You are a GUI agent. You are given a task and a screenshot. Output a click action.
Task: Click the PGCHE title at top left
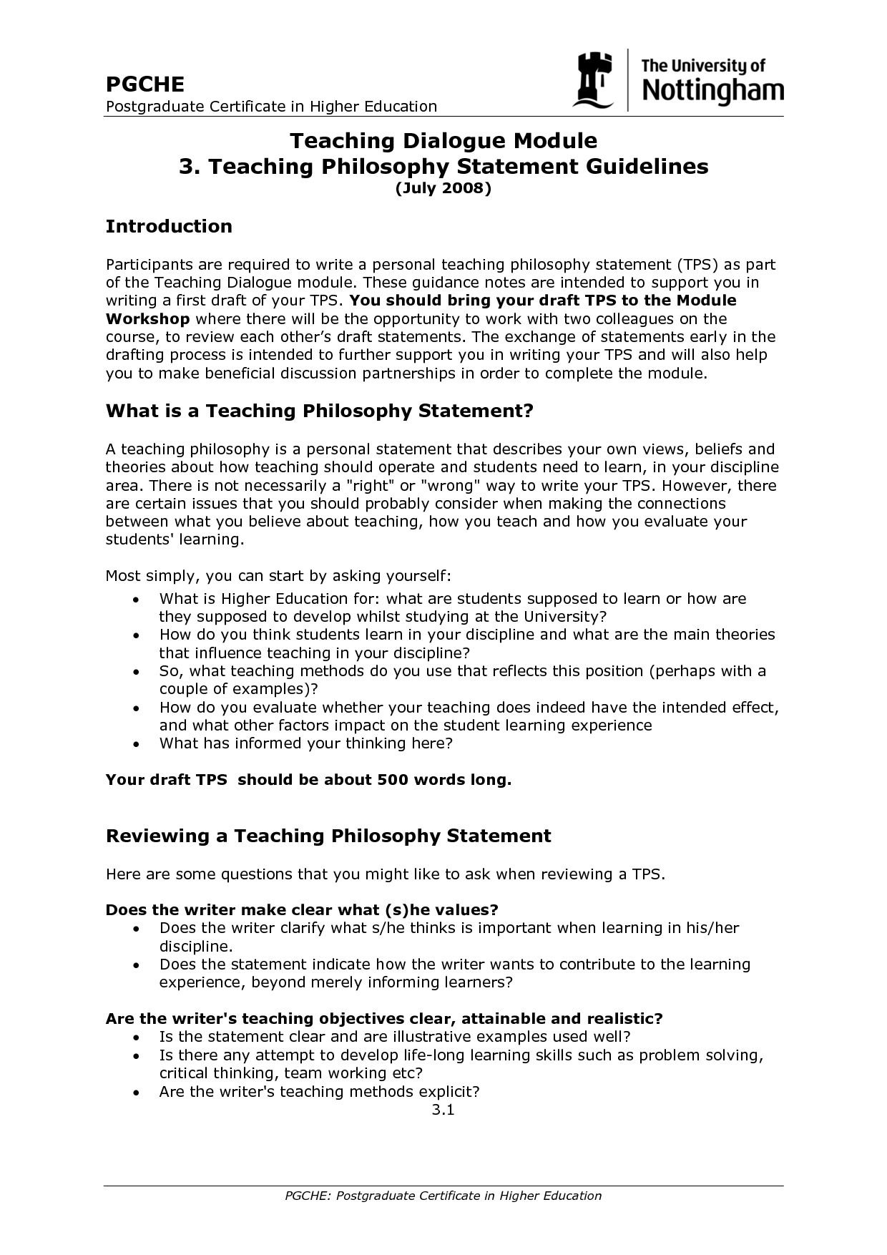pyautogui.click(x=145, y=84)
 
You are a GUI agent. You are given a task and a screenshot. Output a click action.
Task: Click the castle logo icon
pyautogui.click(x=593, y=79)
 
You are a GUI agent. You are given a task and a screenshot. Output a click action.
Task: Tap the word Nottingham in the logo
pyautogui.click(x=712, y=91)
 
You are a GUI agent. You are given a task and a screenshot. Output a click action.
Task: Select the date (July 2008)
pyautogui.click(x=443, y=188)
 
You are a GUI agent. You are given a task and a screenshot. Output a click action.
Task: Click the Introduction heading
pyautogui.click(x=169, y=226)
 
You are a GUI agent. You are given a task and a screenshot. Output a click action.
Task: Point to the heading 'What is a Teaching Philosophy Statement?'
pyautogui.click(x=320, y=411)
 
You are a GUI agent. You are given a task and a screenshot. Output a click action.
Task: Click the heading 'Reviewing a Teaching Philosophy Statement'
pyautogui.click(x=328, y=836)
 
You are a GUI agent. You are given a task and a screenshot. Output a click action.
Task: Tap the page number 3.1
pyautogui.click(x=443, y=1110)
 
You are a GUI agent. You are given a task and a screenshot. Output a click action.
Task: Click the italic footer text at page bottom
pyautogui.click(x=443, y=1196)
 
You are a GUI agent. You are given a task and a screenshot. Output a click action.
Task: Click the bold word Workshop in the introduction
pyautogui.click(x=147, y=319)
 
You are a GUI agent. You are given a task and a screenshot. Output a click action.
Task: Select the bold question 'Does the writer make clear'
pyautogui.click(x=301, y=909)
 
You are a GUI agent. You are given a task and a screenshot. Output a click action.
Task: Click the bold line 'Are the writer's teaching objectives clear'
pyautogui.click(x=384, y=1018)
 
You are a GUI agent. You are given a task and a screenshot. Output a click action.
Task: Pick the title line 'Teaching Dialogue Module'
pyautogui.click(x=443, y=140)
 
